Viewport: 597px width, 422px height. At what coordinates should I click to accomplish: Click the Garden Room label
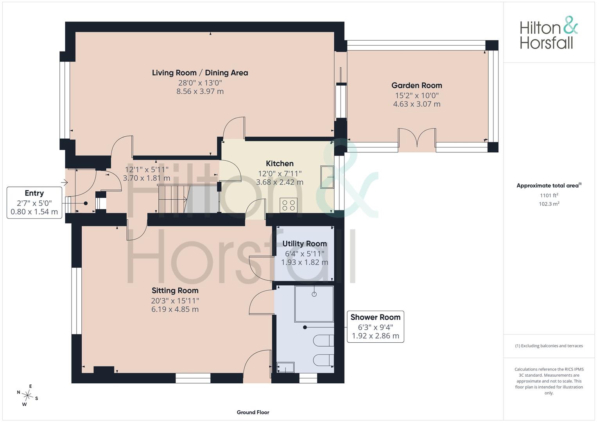(x=416, y=86)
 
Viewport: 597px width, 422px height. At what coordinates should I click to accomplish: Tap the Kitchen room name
(x=280, y=163)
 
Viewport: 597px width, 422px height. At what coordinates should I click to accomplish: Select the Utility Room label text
(x=304, y=244)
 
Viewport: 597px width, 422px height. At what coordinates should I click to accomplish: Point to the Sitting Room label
(x=175, y=290)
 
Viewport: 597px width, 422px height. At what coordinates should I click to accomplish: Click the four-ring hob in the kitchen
(x=289, y=205)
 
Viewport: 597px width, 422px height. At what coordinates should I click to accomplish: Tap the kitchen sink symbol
(x=327, y=177)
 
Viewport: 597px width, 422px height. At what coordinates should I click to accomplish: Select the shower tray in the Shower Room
(x=314, y=304)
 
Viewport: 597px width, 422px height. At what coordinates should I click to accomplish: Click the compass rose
(x=27, y=395)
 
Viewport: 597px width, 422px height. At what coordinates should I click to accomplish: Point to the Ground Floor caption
(x=253, y=412)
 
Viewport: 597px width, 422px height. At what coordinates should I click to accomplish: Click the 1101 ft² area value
(x=549, y=195)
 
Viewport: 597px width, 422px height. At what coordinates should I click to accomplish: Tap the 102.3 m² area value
(x=549, y=204)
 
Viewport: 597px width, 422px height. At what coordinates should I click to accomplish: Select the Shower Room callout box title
(x=375, y=317)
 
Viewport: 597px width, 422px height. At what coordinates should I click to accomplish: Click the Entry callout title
(x=34, y=193)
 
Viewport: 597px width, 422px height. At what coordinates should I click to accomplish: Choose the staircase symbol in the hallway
(x=188, y=198)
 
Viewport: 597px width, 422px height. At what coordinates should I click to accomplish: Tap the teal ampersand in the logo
(x=570, y=25)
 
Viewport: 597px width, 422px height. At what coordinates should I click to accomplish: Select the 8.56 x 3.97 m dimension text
(x=200, y=91)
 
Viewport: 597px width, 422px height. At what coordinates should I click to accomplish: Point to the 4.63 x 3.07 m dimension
(x=416, y=104)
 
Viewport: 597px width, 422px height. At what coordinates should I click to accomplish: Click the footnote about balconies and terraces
(x=549, y=346)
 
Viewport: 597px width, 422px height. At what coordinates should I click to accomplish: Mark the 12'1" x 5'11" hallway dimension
(x=147, y=170)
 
